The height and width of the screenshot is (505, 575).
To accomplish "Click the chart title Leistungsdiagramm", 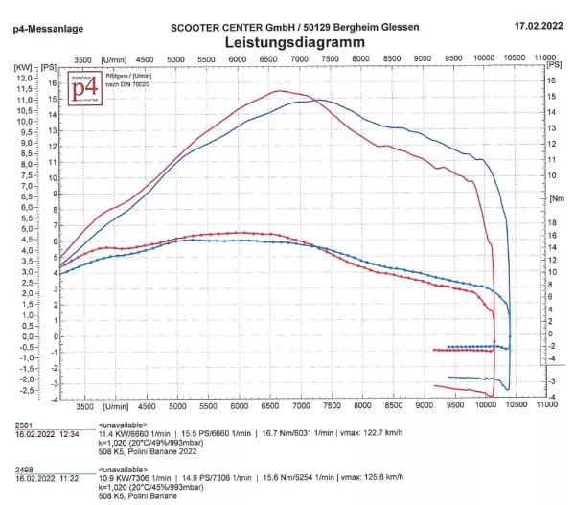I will click(x=287, y=43).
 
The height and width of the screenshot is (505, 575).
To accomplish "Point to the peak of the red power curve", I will click(x=280, y=91).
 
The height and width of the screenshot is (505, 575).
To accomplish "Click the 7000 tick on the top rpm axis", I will click(x=299, y=59).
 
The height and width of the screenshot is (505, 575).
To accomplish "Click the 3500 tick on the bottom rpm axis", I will click(x=83, y=406).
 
